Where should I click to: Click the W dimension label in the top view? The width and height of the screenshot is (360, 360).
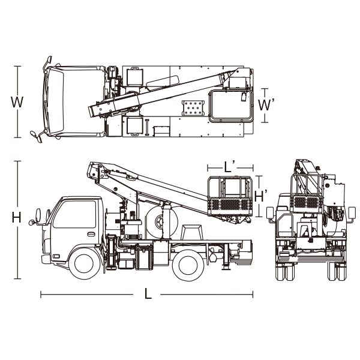(x=17, y=102)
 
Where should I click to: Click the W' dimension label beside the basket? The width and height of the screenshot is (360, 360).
(x=266, y=104)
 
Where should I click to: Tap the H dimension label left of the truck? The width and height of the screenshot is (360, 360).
(x=17, y=217)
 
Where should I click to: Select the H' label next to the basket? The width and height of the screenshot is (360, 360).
(x=261, y=196)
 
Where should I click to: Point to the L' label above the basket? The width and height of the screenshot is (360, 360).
(x=229, y=167)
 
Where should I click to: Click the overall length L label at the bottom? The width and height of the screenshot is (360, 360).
(x=148, y=293)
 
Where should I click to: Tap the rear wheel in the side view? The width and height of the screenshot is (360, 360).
(x=188, y=265)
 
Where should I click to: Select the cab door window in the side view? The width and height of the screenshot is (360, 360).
(x=74, y=214)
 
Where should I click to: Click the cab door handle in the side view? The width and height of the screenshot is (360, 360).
(x=91, y=234)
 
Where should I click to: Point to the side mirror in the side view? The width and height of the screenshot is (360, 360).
(x=38, y=215)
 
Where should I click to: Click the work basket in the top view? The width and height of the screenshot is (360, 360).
(x=231, y=106)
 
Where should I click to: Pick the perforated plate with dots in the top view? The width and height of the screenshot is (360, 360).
(x=193, y=108)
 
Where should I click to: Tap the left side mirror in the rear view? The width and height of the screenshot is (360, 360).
(x=270, y=212)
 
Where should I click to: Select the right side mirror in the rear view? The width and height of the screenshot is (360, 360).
(x=352, y=212)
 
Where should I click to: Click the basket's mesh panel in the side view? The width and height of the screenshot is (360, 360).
(x=230, y=205)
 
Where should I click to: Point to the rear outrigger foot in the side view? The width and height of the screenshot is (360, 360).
(x=226, y=267)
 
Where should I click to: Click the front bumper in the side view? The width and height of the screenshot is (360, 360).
(x=46, y=259)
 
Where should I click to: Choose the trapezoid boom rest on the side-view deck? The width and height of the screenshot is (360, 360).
(x=193, y=232)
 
